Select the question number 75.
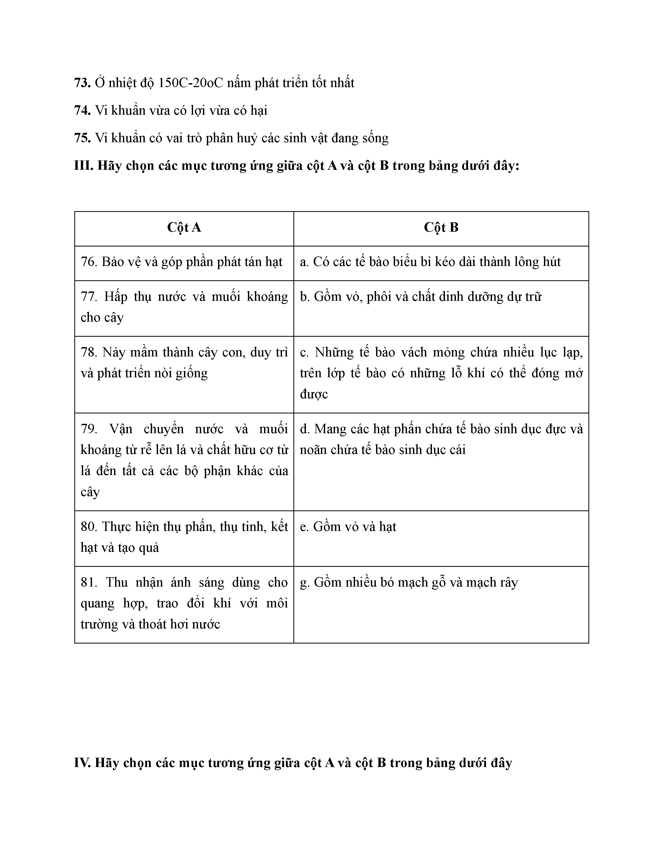tap(82, 138)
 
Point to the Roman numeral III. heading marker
tap(84, 166)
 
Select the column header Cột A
tap(184, 228)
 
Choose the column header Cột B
tap(441, 228)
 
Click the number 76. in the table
tap(89, 262)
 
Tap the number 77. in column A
tap(89, 297)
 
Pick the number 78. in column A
tap(89, 352)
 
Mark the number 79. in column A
tap(89, 429)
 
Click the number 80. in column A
tap(89, 527)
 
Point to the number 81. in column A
tap(89, 582)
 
